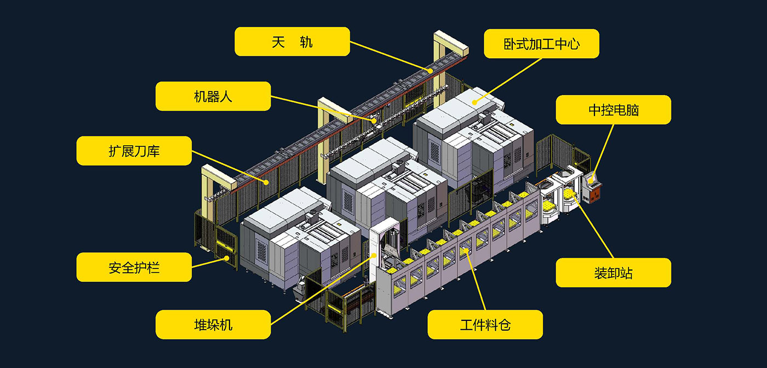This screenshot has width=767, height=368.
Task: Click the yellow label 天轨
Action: pyautogui.click(x=292, y=42)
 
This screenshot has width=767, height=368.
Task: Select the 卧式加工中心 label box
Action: pyautogui.click(x=541, y=44)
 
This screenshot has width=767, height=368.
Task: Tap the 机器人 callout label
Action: pyautogui.click(x=213, y=96)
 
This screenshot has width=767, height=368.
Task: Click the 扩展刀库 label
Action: pyautogui.click(x=134, y=151)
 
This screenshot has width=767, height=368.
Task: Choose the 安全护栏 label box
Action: pyautogui.click(x=134, y=267)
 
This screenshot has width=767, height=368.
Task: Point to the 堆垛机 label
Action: pyautogui.click(x=213, y=324)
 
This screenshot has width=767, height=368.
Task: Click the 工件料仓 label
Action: pyautogui.click(x=485, y=324)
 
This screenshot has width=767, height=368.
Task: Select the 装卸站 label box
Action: pyautogui.click(x=613, y=272)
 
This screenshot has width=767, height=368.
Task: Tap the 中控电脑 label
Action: pyautogui.click(x=613, y=110)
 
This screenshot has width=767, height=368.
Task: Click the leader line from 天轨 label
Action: pyautogui.click(x=389, y=56)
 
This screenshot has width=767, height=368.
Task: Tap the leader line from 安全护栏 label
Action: pyautogui.click(x=208, y=262)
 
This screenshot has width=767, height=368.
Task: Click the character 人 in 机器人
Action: pyautogui.click(x=226, y=96)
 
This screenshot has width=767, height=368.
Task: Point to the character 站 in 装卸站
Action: pyautogui.click(x=626, y=272)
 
